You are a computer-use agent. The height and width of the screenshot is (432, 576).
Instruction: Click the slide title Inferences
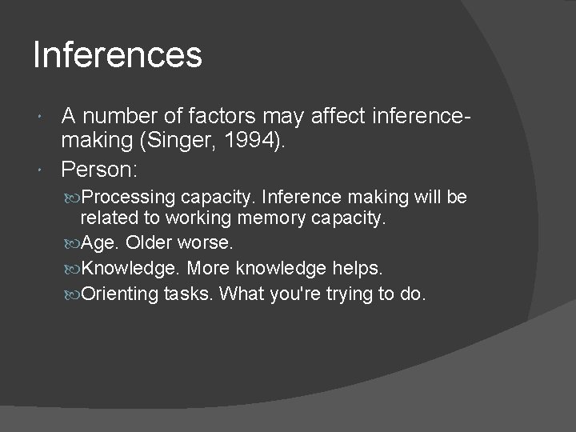pyautogui.click(x=118, y=55)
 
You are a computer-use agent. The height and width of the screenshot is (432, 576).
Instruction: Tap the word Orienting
pyautogui.click(x=121, y=294)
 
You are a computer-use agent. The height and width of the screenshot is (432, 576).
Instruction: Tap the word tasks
pyautogui.click(x=189, y=294)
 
